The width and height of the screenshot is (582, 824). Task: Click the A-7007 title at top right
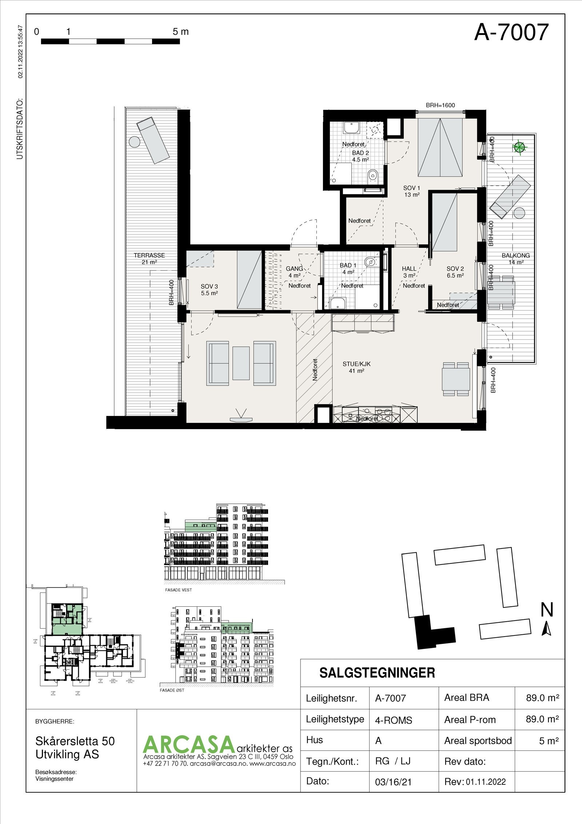click(x=511, y=32)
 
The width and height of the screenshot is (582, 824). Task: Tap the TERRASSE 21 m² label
click(x=149, y=258)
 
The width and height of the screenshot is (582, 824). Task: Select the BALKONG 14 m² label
click(x=516, y=258)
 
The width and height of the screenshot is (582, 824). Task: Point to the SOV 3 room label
click(x=209, y=290)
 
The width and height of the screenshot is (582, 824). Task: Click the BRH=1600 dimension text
click(x=440, y=106)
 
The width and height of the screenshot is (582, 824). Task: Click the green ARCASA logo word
click(x=187, y=745)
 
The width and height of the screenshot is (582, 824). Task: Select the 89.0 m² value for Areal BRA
click(x=542, y=698)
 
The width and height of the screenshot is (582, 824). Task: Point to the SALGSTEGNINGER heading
click(x=377, y=673)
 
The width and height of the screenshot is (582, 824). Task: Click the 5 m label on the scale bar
click(x=181, y=32)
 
